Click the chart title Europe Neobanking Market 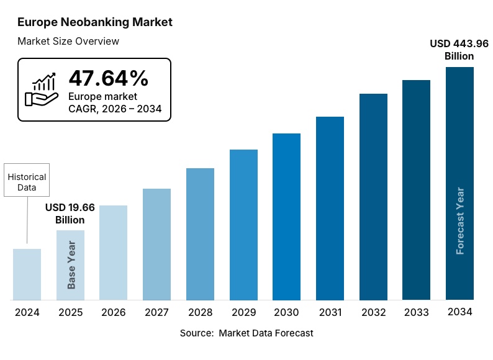click(95, 22)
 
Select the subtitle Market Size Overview click(68, 42)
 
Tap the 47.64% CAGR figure click(109, 79)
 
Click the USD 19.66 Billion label click(70, 214)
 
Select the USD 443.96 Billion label click(459, 50)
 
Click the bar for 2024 click(27, 274)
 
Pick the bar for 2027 click(156, 245)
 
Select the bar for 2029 click(243, 225)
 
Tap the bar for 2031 click(330, 209)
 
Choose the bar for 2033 click(416, 190)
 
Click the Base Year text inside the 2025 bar click(71, 264)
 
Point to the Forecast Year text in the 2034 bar click(460, 220)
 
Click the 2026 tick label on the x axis click(114, 312)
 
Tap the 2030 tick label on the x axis click(286, 312)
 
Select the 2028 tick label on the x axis click(200, 312)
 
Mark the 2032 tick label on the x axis click(373, 312)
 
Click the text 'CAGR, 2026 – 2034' click(115, 109)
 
